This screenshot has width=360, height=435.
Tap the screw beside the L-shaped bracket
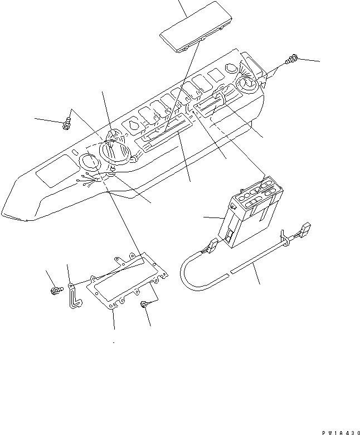coord(56,291)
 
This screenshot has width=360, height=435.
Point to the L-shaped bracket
coord(74,296)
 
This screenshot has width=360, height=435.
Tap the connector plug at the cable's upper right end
coord(305,229)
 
